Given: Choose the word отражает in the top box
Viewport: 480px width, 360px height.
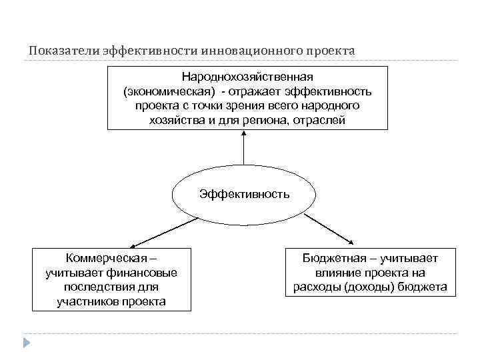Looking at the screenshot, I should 266,91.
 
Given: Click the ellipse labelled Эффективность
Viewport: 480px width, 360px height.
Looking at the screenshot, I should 244,195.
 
